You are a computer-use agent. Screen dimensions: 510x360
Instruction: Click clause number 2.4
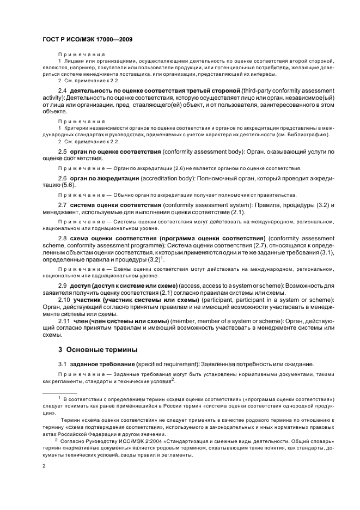coord(62,89)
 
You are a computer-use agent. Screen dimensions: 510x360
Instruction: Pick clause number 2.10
coord(64,300)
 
